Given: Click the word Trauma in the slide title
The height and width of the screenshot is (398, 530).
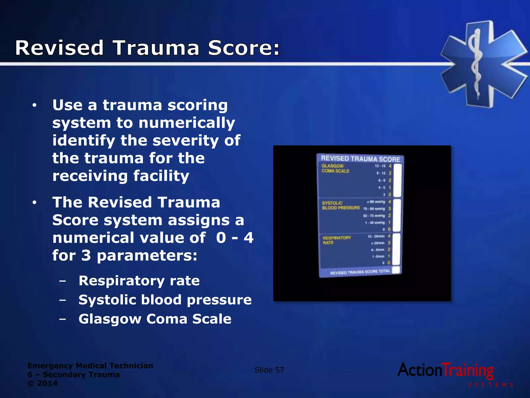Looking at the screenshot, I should click(x=156, y=48).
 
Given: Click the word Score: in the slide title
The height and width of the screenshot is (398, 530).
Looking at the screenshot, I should click(x=244, y=48).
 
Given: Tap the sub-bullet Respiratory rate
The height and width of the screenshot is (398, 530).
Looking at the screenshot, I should click(x=139, y=281).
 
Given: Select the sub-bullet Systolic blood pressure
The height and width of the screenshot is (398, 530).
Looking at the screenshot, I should click(x=165, y=300).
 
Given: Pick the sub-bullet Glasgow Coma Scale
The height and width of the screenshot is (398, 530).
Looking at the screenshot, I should click(x=155, y=319).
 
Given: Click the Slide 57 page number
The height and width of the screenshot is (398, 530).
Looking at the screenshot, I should click(x=269, y=370).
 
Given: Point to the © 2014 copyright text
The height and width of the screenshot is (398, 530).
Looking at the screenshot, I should click(x=43, y=383).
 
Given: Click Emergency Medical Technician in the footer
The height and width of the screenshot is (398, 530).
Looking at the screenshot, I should click(x=90, y=366).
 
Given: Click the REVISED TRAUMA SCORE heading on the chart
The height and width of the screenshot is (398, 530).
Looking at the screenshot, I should click(x=360, y=159).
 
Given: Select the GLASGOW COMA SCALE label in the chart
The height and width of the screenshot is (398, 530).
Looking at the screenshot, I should click(x=335, y=168).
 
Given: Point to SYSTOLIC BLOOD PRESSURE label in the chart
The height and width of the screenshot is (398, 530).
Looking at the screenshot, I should click(x=341, y=205).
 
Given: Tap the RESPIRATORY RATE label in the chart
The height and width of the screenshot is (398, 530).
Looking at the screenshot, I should click(x=336, y=240).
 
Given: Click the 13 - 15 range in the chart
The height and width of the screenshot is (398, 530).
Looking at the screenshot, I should click(x=380, y=166).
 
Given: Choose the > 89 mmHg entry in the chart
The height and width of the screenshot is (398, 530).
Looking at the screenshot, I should click(x=376, y=202).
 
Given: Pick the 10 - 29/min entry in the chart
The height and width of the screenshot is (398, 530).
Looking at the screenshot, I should click(x=376, y=236).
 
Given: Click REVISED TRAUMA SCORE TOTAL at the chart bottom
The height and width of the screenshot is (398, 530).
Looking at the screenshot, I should click(x=360, y=272).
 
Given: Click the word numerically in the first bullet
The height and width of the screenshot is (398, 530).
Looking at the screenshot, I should click(x=187, y=123).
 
